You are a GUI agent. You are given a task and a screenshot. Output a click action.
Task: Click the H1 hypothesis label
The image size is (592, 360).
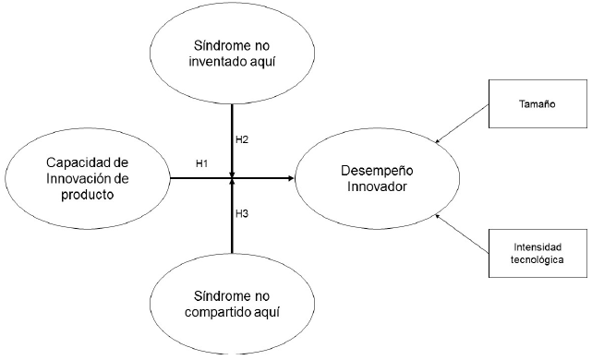pyautogui.click(x=202, y=162)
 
